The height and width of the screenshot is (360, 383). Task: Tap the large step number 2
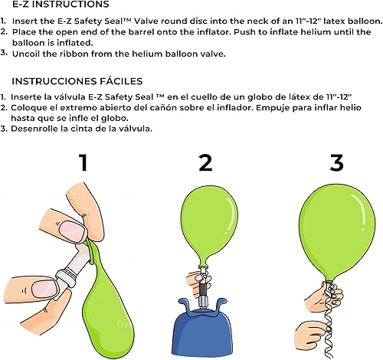205,163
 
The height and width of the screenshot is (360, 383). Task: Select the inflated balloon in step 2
205,222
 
